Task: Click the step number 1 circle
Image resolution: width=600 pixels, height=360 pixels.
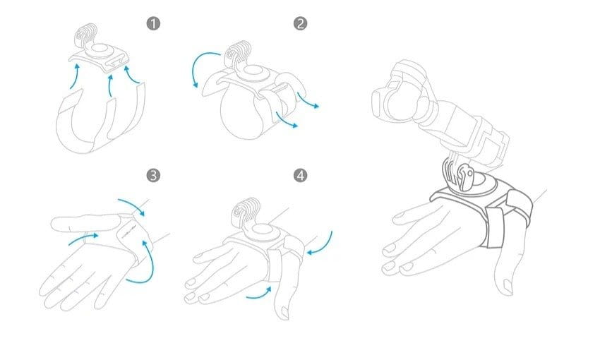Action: coord(153,24)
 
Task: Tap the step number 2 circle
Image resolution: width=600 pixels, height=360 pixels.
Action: coord(300,24)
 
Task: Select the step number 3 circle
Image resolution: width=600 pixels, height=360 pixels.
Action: coord(153,176)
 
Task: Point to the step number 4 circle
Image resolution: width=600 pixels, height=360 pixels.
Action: coord(300,176)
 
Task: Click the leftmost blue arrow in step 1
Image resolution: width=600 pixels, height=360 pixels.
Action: coord(75,76)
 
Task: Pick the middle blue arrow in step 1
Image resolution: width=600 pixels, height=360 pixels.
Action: coord(110,85)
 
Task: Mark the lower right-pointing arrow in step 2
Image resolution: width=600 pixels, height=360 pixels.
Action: coord(285,120)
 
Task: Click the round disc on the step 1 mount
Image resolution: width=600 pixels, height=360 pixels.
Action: coord(100,51)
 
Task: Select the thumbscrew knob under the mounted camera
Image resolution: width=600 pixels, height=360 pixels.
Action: coord(467,176)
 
